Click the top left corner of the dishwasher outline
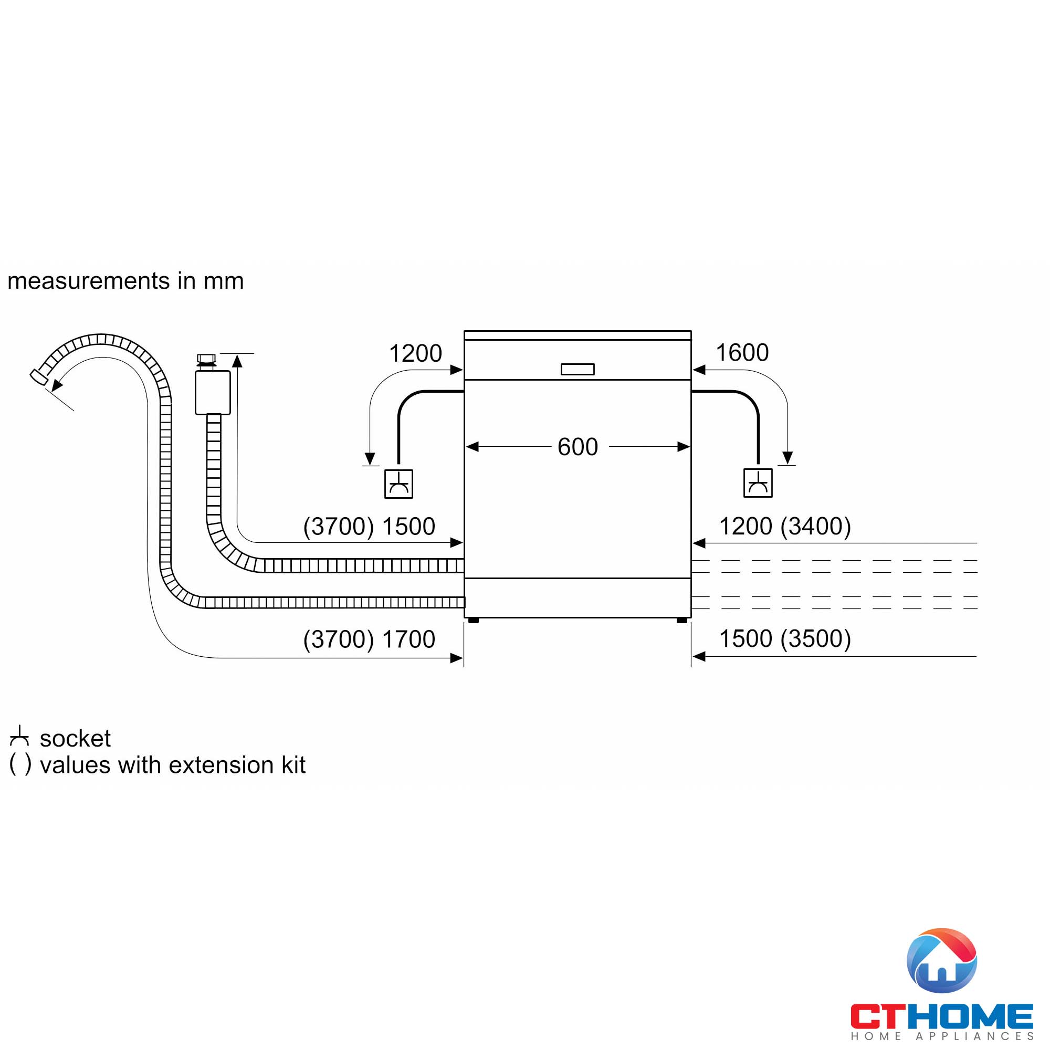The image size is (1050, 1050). coord(465,331)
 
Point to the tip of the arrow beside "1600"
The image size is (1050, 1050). coord(693,370)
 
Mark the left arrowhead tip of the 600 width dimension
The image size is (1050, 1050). coord(466,447)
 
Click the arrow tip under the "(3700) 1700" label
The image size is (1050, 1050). coord(463,658)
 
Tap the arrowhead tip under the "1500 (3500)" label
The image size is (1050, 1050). coord(693,657)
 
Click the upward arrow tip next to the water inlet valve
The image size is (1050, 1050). coord(237,354)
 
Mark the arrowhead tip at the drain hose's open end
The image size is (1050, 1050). coord(52,390)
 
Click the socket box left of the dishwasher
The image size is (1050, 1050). coord(398,484)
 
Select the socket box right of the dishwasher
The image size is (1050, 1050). coord(758,482)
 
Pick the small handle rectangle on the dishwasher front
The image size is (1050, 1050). coord(577,369)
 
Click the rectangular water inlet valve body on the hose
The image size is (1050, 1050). coord(213,392)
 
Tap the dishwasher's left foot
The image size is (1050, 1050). coord(474,620)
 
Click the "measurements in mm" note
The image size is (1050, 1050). coord(125,281)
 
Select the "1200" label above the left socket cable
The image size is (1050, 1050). coord(415,353)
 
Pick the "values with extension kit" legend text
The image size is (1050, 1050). coord(173,765)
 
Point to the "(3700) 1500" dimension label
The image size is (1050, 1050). coord(369,526)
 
